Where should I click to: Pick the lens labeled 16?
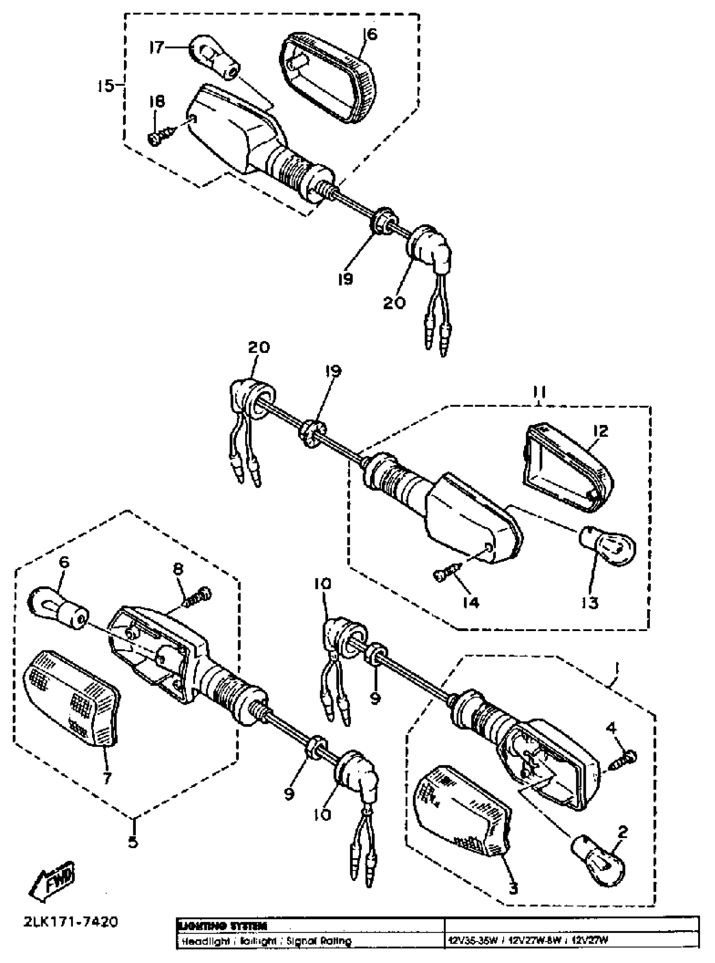click(328, 77)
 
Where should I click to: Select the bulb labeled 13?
click(607, 547)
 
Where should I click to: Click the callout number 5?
click(133, 842)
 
